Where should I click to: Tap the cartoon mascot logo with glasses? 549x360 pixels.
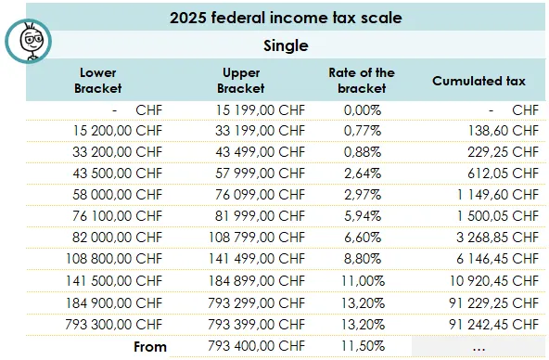pyautogui.click(x=27, y=40)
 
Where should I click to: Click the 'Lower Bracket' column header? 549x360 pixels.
pyautogui.click(x=97, y=81)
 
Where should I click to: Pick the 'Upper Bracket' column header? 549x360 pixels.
pyautogui.click(x=240, y=81)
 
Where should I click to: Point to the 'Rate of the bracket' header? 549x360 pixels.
pyautogui.click(x=361, y=81)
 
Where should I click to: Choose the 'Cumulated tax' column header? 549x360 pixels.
pyautogui.click(x=479, y=81)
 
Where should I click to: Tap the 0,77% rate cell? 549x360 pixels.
pyautogui.click(x=361, y=131)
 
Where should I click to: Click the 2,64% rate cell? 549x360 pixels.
pyautogui.click(x=361, y=174)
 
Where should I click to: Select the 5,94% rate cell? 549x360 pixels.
pyautogui.click(x=361, y=216)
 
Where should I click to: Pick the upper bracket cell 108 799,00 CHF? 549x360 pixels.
pyautogui.click(x=255, y=238)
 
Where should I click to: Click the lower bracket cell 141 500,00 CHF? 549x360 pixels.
pyautogui.click(x=114, y=280)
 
